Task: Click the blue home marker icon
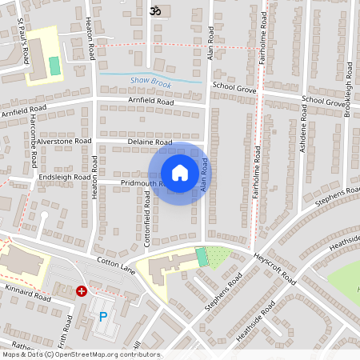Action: click(180, 172)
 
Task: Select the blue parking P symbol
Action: click(102, 317)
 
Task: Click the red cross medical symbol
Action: click(81, 292)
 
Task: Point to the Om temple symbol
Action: click(154, 11)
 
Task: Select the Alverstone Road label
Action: click(64, 140)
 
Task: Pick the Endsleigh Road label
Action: click(61, 177)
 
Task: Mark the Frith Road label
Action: click(69, 328)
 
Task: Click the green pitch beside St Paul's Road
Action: click(54, 66)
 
